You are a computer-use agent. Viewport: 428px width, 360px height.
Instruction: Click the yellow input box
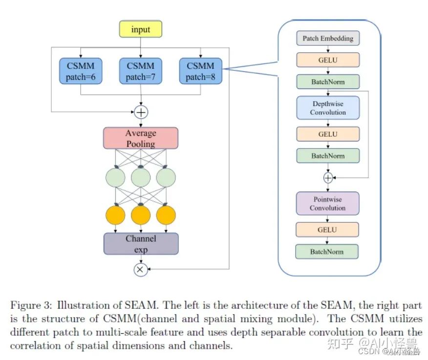pos(141,29)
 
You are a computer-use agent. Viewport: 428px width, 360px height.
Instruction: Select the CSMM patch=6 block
pos(81,71)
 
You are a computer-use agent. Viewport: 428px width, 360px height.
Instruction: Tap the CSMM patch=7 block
pos(141,71)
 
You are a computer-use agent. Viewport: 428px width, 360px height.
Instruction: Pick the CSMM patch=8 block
pos(201,71)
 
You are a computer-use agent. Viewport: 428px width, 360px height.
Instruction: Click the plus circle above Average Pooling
pos(141,112)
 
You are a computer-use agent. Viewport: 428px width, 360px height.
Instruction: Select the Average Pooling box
pos(141,138)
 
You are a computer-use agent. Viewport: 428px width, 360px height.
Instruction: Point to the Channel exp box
pos(141,244)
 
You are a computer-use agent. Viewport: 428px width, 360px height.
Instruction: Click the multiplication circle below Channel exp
pos(141,270)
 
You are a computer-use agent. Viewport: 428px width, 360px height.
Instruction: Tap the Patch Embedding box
pos(328,38)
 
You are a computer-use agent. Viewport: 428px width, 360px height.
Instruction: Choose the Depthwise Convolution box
pos(328,108)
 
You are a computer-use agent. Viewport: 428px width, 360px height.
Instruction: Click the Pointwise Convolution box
pos(327,203)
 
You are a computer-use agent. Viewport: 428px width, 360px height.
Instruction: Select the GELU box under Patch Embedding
pos(328,60)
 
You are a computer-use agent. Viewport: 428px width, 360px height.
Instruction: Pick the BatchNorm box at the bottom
pos(327,252)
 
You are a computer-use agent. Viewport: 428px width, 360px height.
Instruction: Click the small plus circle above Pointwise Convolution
pos(328,178)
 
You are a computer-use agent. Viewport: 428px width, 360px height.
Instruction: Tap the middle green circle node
pos(141,177)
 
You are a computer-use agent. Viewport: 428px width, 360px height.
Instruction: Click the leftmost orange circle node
pos(115,215)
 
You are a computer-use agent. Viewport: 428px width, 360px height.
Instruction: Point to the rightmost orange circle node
pos(166,215)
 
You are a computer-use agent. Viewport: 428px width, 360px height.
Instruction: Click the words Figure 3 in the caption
pos(31,305)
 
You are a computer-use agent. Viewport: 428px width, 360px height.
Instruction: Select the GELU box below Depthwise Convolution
pos(328,134)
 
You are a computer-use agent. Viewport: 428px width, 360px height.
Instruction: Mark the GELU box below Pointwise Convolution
pos(327,230)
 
